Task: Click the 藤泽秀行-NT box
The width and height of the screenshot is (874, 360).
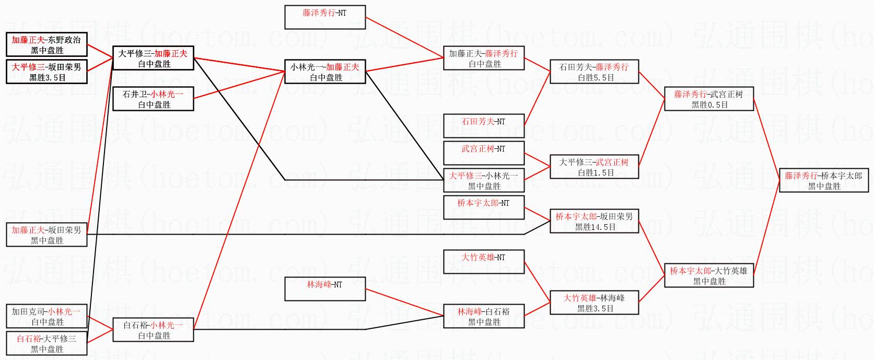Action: click(x=324, y=17)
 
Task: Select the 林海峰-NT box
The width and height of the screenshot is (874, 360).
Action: click(x=324, y=289)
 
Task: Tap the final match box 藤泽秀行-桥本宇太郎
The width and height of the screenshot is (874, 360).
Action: click(x=824, y=180)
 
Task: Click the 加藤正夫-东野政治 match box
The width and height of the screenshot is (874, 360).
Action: click(x=46, y=44)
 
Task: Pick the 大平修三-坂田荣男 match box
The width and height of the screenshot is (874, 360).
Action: click(x=46, y=72)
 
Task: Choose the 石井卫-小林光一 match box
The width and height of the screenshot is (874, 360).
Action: click(x=153, y=99)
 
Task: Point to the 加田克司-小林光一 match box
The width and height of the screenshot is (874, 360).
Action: click(x=46, y=316)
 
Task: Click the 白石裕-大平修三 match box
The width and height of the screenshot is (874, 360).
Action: click(x=46, y=343)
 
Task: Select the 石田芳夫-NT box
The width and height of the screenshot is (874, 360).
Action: click(x=484, y=126)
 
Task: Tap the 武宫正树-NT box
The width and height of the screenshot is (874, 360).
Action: click(x=484, y=153)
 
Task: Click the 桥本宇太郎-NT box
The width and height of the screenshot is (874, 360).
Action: click(x=484, y=207)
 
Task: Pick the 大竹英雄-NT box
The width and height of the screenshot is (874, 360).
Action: click(x=484, y=262)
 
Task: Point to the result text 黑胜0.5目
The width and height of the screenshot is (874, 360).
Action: click(x=709, y=104)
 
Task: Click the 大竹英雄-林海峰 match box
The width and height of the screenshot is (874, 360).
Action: click(x=594, y=303)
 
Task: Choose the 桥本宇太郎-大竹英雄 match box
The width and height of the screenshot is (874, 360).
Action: click(x=709, y=275)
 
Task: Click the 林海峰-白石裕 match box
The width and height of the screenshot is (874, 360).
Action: click(x=484, y=316)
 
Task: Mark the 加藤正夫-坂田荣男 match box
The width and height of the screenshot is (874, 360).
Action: click(x=46, y=235)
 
